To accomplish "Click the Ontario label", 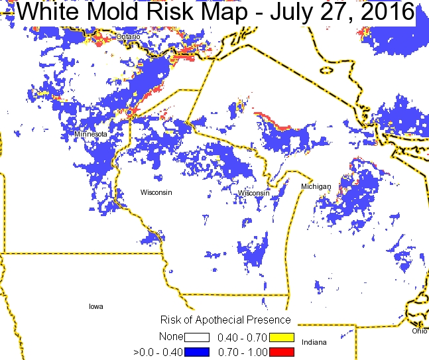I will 128,37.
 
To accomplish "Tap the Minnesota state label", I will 91,134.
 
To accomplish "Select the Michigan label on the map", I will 316,187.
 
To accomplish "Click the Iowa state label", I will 96,307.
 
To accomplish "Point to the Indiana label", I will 314,342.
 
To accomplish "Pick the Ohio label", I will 419,331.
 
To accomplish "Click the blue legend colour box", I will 197,351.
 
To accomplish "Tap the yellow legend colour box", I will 282,337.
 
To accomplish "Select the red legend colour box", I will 282,351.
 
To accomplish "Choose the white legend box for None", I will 197,337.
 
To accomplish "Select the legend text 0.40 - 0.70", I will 243,337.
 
